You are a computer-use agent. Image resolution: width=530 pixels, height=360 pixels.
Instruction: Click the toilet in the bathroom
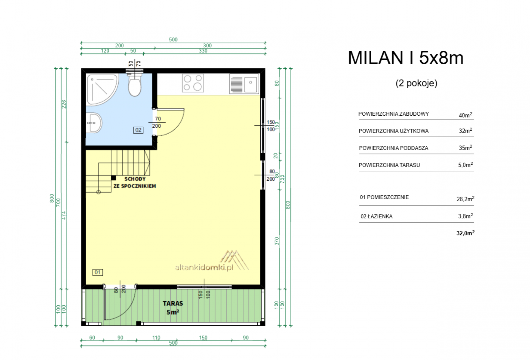tap(135, 85)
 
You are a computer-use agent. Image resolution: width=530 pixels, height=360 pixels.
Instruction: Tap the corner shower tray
tap(102, 90)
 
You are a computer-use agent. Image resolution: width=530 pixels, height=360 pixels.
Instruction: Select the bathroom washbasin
tap(94, 123)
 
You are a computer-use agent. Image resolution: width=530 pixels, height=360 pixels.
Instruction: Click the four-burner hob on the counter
tap(193, 83)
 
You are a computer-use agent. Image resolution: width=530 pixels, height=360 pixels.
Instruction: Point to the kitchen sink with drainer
tap(244, 84)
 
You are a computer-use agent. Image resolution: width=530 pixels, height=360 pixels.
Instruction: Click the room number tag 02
tap(138, 130)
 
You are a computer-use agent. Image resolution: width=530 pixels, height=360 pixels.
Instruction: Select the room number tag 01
tap(97, 272)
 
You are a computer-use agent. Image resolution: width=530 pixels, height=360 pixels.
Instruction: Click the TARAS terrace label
tap(173, 303)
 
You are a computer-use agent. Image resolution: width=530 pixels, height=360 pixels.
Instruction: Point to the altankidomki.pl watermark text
tap(204, 268)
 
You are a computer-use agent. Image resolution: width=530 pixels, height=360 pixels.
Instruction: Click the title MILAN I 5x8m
tap(405, 58)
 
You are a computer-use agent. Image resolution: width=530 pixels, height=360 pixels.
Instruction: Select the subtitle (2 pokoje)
tap(416, 83)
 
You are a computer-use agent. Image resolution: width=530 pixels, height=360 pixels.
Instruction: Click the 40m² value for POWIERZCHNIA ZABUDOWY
tap(465, 115)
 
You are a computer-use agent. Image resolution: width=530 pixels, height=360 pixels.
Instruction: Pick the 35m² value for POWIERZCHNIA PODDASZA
tap(465, 148)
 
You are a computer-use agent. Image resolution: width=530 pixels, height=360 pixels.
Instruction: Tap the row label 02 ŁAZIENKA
tap(376, 216)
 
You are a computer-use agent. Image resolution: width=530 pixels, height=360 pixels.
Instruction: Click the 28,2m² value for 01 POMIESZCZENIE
tap(465, 199)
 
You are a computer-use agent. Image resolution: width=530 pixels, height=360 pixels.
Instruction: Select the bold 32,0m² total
tap(465, 233)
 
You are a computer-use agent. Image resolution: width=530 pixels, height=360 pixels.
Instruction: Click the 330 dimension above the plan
tap(203, 51)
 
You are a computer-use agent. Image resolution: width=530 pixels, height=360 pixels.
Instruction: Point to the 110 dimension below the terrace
tap(156, 337)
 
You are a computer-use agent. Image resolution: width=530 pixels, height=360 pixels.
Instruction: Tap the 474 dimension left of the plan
tap(64, 215)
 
